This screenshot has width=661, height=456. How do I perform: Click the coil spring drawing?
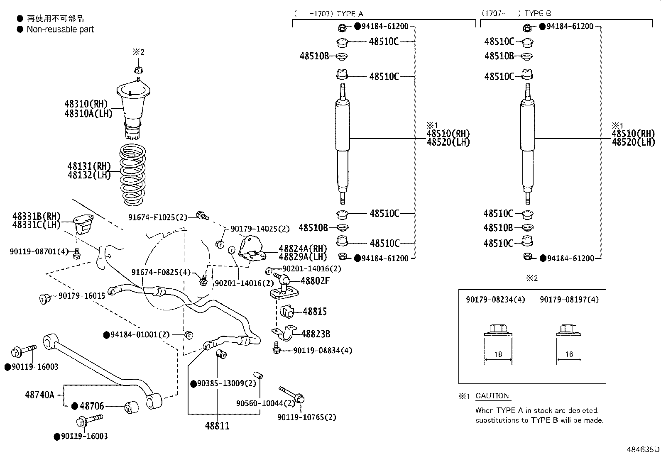tap(132, 175)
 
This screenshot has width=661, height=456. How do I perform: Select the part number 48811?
tap(217, 426)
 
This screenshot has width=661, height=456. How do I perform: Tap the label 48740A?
tap(40, 395)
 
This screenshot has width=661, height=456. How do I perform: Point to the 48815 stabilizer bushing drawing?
tap(287, 312)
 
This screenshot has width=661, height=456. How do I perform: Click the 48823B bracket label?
tap(316, 334)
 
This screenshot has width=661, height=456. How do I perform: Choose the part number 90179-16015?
tap(82, 295)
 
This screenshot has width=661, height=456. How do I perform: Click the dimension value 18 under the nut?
tap(498, 354)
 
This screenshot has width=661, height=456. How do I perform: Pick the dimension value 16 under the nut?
tap(569, 354)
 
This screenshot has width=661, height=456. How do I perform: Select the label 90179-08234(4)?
tap(495, 300)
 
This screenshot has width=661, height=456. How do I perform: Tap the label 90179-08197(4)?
tap(569, 300)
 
